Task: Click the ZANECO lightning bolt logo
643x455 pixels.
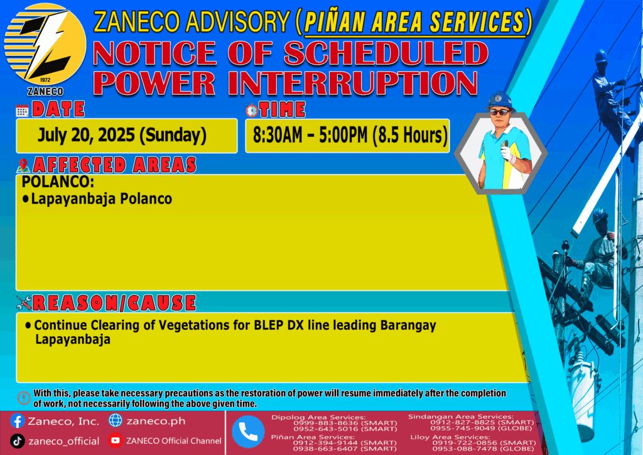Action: point(45,45)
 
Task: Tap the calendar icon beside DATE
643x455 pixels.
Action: point(22,111)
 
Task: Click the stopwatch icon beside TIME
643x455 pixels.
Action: point(252,110)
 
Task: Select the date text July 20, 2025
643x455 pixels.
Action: point(86,135)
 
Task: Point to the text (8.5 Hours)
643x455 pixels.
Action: point(410,135)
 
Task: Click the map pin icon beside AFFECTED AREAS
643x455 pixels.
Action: point(23,165)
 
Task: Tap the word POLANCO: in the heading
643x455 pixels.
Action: point(58,182)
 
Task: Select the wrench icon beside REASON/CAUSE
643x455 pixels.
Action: point(24,303)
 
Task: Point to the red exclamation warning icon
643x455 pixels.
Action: point(24,398)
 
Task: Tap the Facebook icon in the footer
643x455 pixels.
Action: point(17,421)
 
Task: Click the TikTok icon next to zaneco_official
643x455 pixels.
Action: point(17,441)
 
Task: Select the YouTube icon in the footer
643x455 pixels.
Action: point(116,440)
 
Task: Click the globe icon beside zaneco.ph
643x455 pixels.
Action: point(116,420)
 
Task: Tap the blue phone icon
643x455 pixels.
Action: point(248,432)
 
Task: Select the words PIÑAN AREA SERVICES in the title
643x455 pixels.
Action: point(414,22)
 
